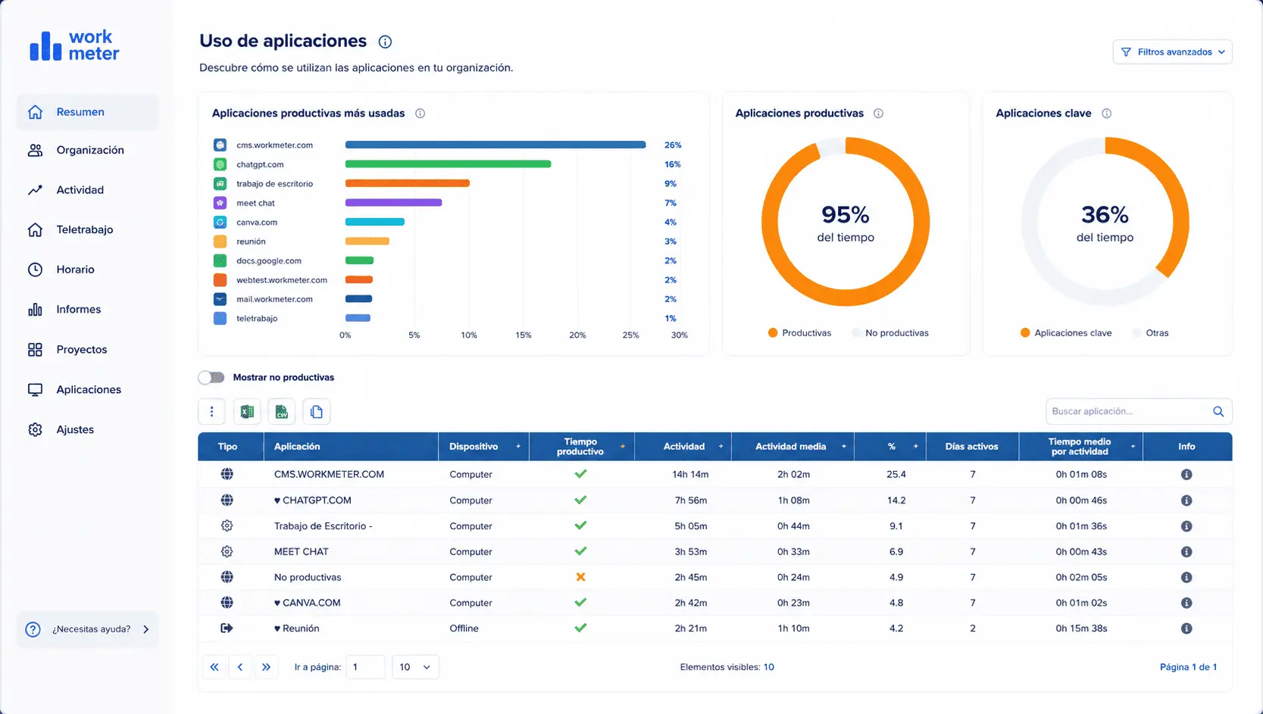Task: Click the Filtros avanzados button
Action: coord(1172,51)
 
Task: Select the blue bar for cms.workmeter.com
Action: coord(495,145)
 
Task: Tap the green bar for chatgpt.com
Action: coord(448,164)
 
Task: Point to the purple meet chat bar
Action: coord(393,202)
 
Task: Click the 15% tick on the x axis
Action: coord(523,335)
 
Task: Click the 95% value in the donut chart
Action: coord(846,215)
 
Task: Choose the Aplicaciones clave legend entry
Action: coord(1066,332)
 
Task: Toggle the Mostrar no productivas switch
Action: coord(211,377)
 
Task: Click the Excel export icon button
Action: coord(247,411)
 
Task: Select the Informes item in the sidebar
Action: coord(78,309)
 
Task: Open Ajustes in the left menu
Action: coord(75,429)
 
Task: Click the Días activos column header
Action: coord(971,446)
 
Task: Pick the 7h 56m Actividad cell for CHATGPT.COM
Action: coord(691,500)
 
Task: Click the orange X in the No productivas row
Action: coord(580,576)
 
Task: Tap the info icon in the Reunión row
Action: coord(1186,628)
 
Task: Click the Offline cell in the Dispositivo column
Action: coord(464,628)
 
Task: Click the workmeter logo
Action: coord(74,45)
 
